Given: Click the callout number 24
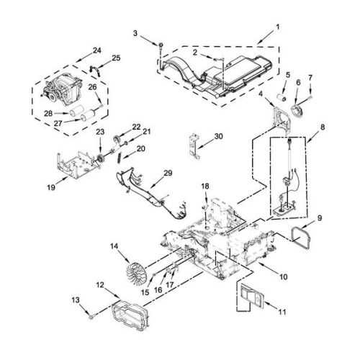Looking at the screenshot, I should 97,50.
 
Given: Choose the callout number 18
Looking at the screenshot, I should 205,186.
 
